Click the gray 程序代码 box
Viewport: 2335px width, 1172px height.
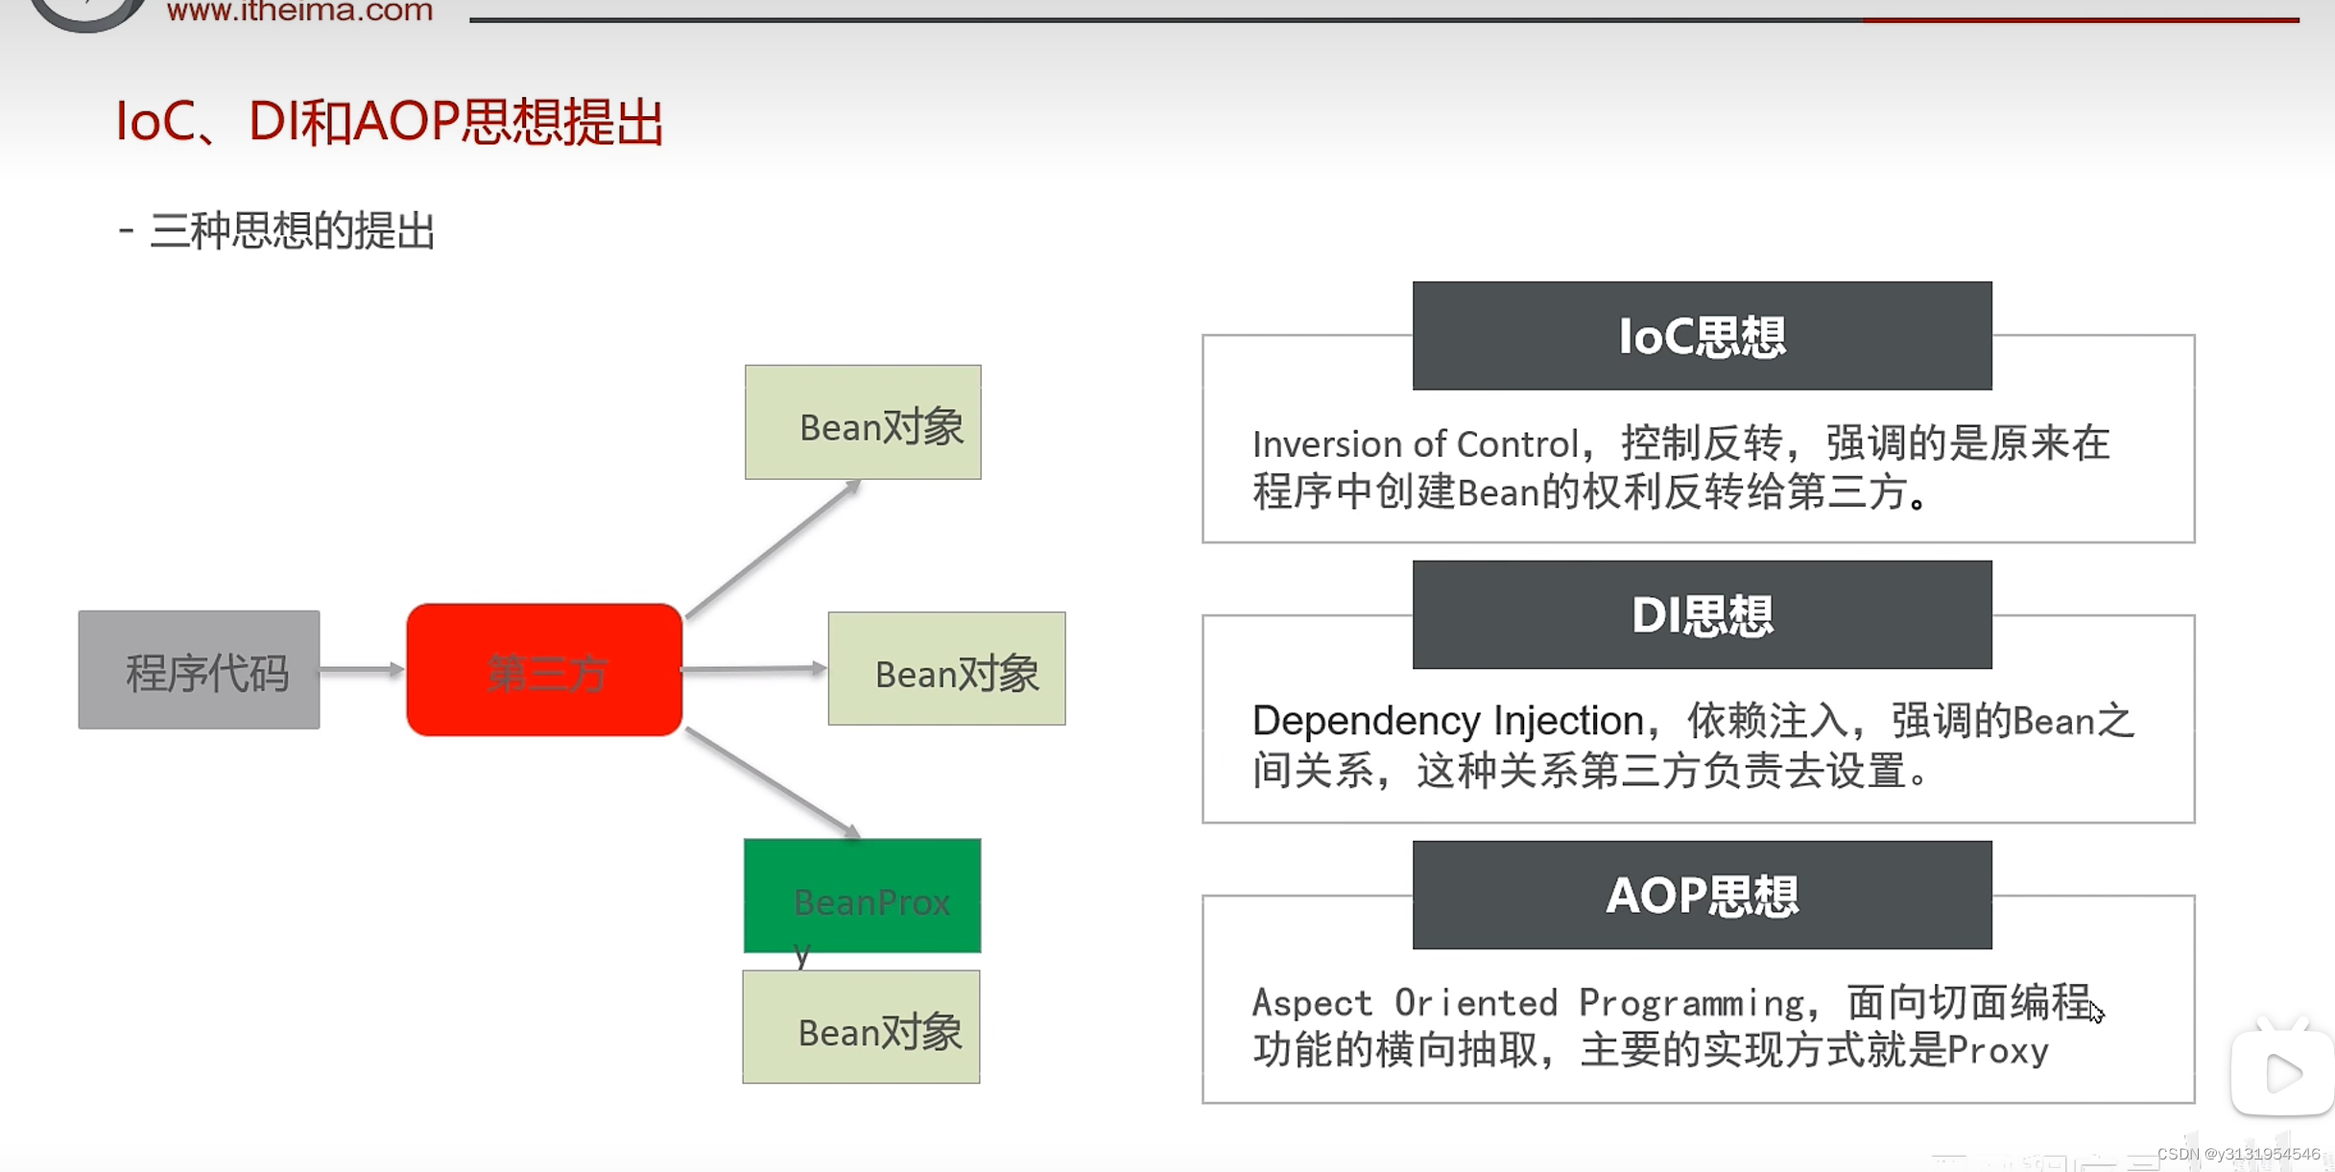[199, 670]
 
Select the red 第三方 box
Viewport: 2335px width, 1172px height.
[544, 670]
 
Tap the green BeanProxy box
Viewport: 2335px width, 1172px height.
[862, 896]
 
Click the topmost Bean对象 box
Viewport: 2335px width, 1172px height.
[863, 422]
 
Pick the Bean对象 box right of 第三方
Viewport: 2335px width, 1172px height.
[946, 669]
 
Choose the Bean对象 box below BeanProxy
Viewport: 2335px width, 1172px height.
[861, 1027]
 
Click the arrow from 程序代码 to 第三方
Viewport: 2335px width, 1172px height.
[361, 669]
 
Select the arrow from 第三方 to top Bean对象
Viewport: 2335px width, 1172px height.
[773, 550]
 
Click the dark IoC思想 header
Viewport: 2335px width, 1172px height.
[1702, 336]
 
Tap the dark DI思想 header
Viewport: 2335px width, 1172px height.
[1702, 615]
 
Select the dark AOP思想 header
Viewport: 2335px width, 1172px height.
[1702, 896]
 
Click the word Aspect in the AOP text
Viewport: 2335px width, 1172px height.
[1312, 1003]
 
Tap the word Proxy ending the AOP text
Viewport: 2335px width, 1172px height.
[1998, 1051]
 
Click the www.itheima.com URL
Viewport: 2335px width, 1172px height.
[299, 12]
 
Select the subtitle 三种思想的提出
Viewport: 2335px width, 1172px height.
[292, 231]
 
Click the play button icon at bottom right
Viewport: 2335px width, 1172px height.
[2283, 1072]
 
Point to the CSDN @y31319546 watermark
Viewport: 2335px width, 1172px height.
[2237, 1154]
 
